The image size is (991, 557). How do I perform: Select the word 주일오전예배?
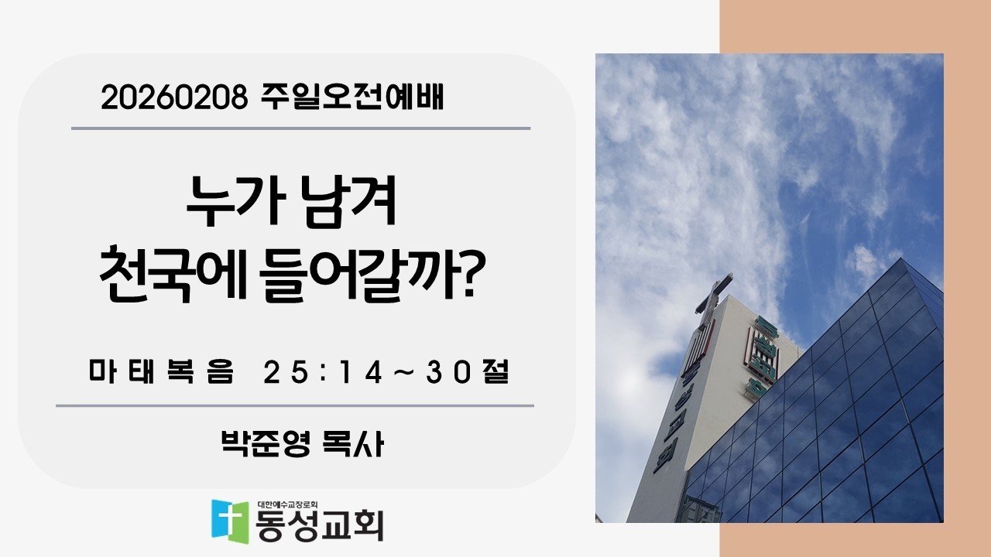348,97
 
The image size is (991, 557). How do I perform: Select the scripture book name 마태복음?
160,374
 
